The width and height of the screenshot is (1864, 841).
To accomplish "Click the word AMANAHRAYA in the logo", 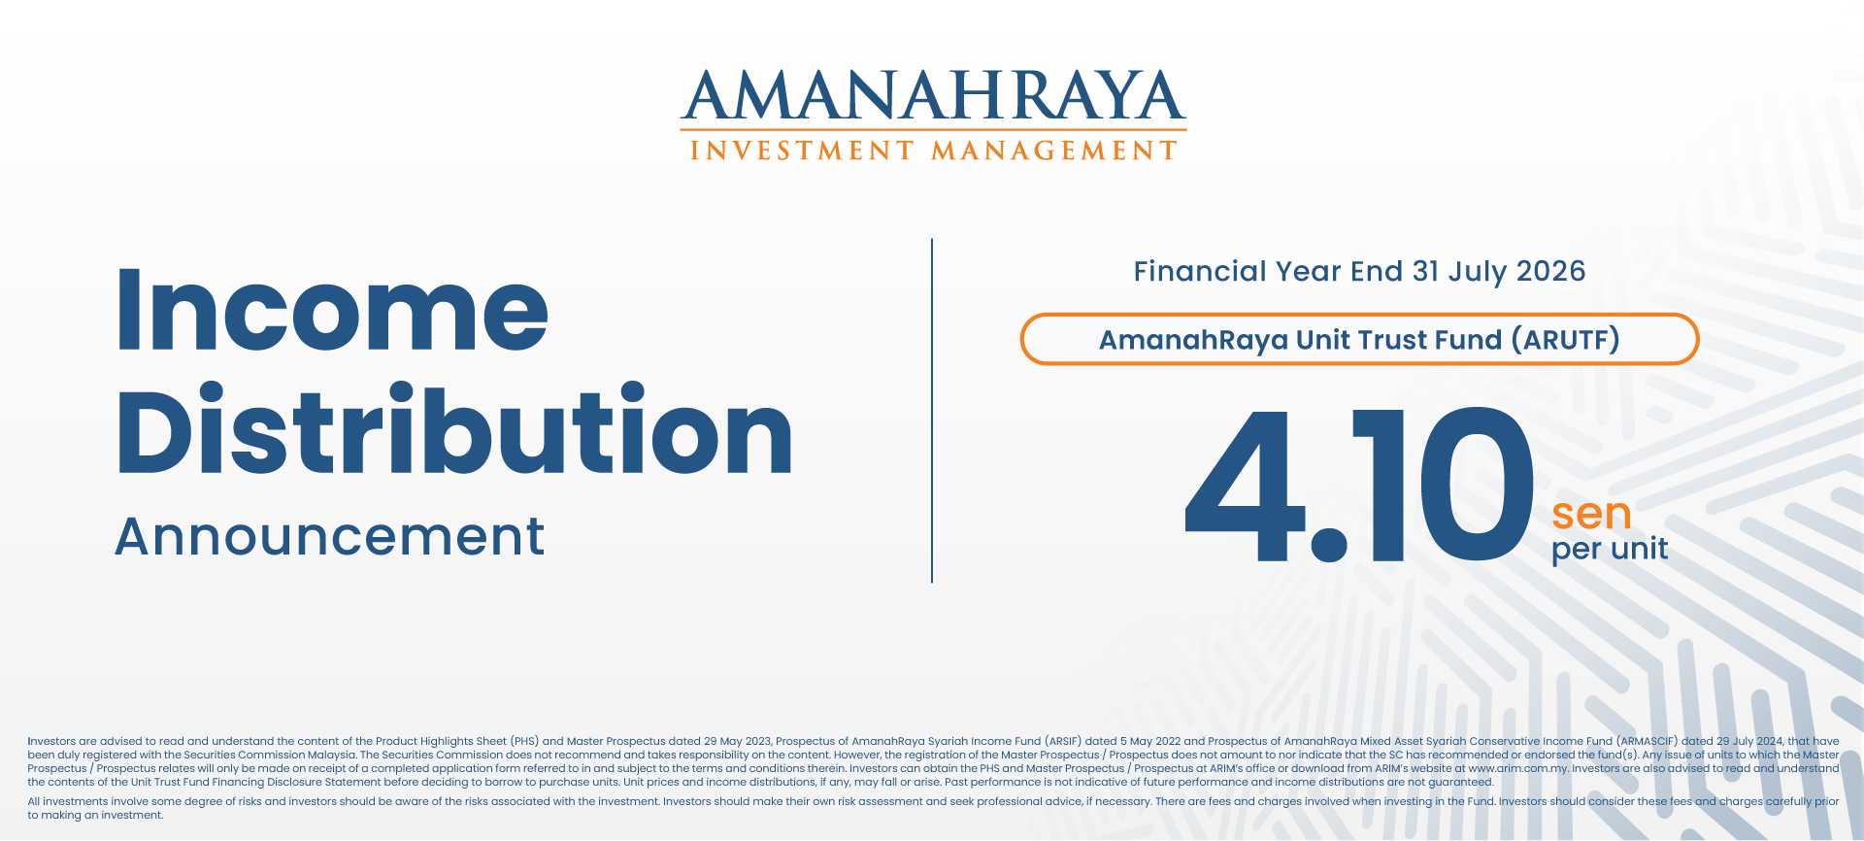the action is point(933,95).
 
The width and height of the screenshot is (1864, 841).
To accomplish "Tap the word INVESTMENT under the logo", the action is point(802,151).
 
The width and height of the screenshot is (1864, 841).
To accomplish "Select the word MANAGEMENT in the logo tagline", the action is point(1054,151).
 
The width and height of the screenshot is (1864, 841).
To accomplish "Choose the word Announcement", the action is point(330,536).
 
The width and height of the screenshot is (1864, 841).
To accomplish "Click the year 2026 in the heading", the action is point(1550,271).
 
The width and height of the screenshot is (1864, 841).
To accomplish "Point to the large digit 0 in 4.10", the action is point(1477,485).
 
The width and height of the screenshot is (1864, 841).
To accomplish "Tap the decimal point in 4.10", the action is point(1329,544).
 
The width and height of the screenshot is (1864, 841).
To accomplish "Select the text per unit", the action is point(1610,550).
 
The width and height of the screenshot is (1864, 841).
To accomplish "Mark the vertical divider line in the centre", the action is point(932,411).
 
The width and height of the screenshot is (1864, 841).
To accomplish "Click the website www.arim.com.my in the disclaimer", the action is point(1518,768).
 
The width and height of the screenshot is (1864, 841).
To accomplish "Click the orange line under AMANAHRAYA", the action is point(933,130).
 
